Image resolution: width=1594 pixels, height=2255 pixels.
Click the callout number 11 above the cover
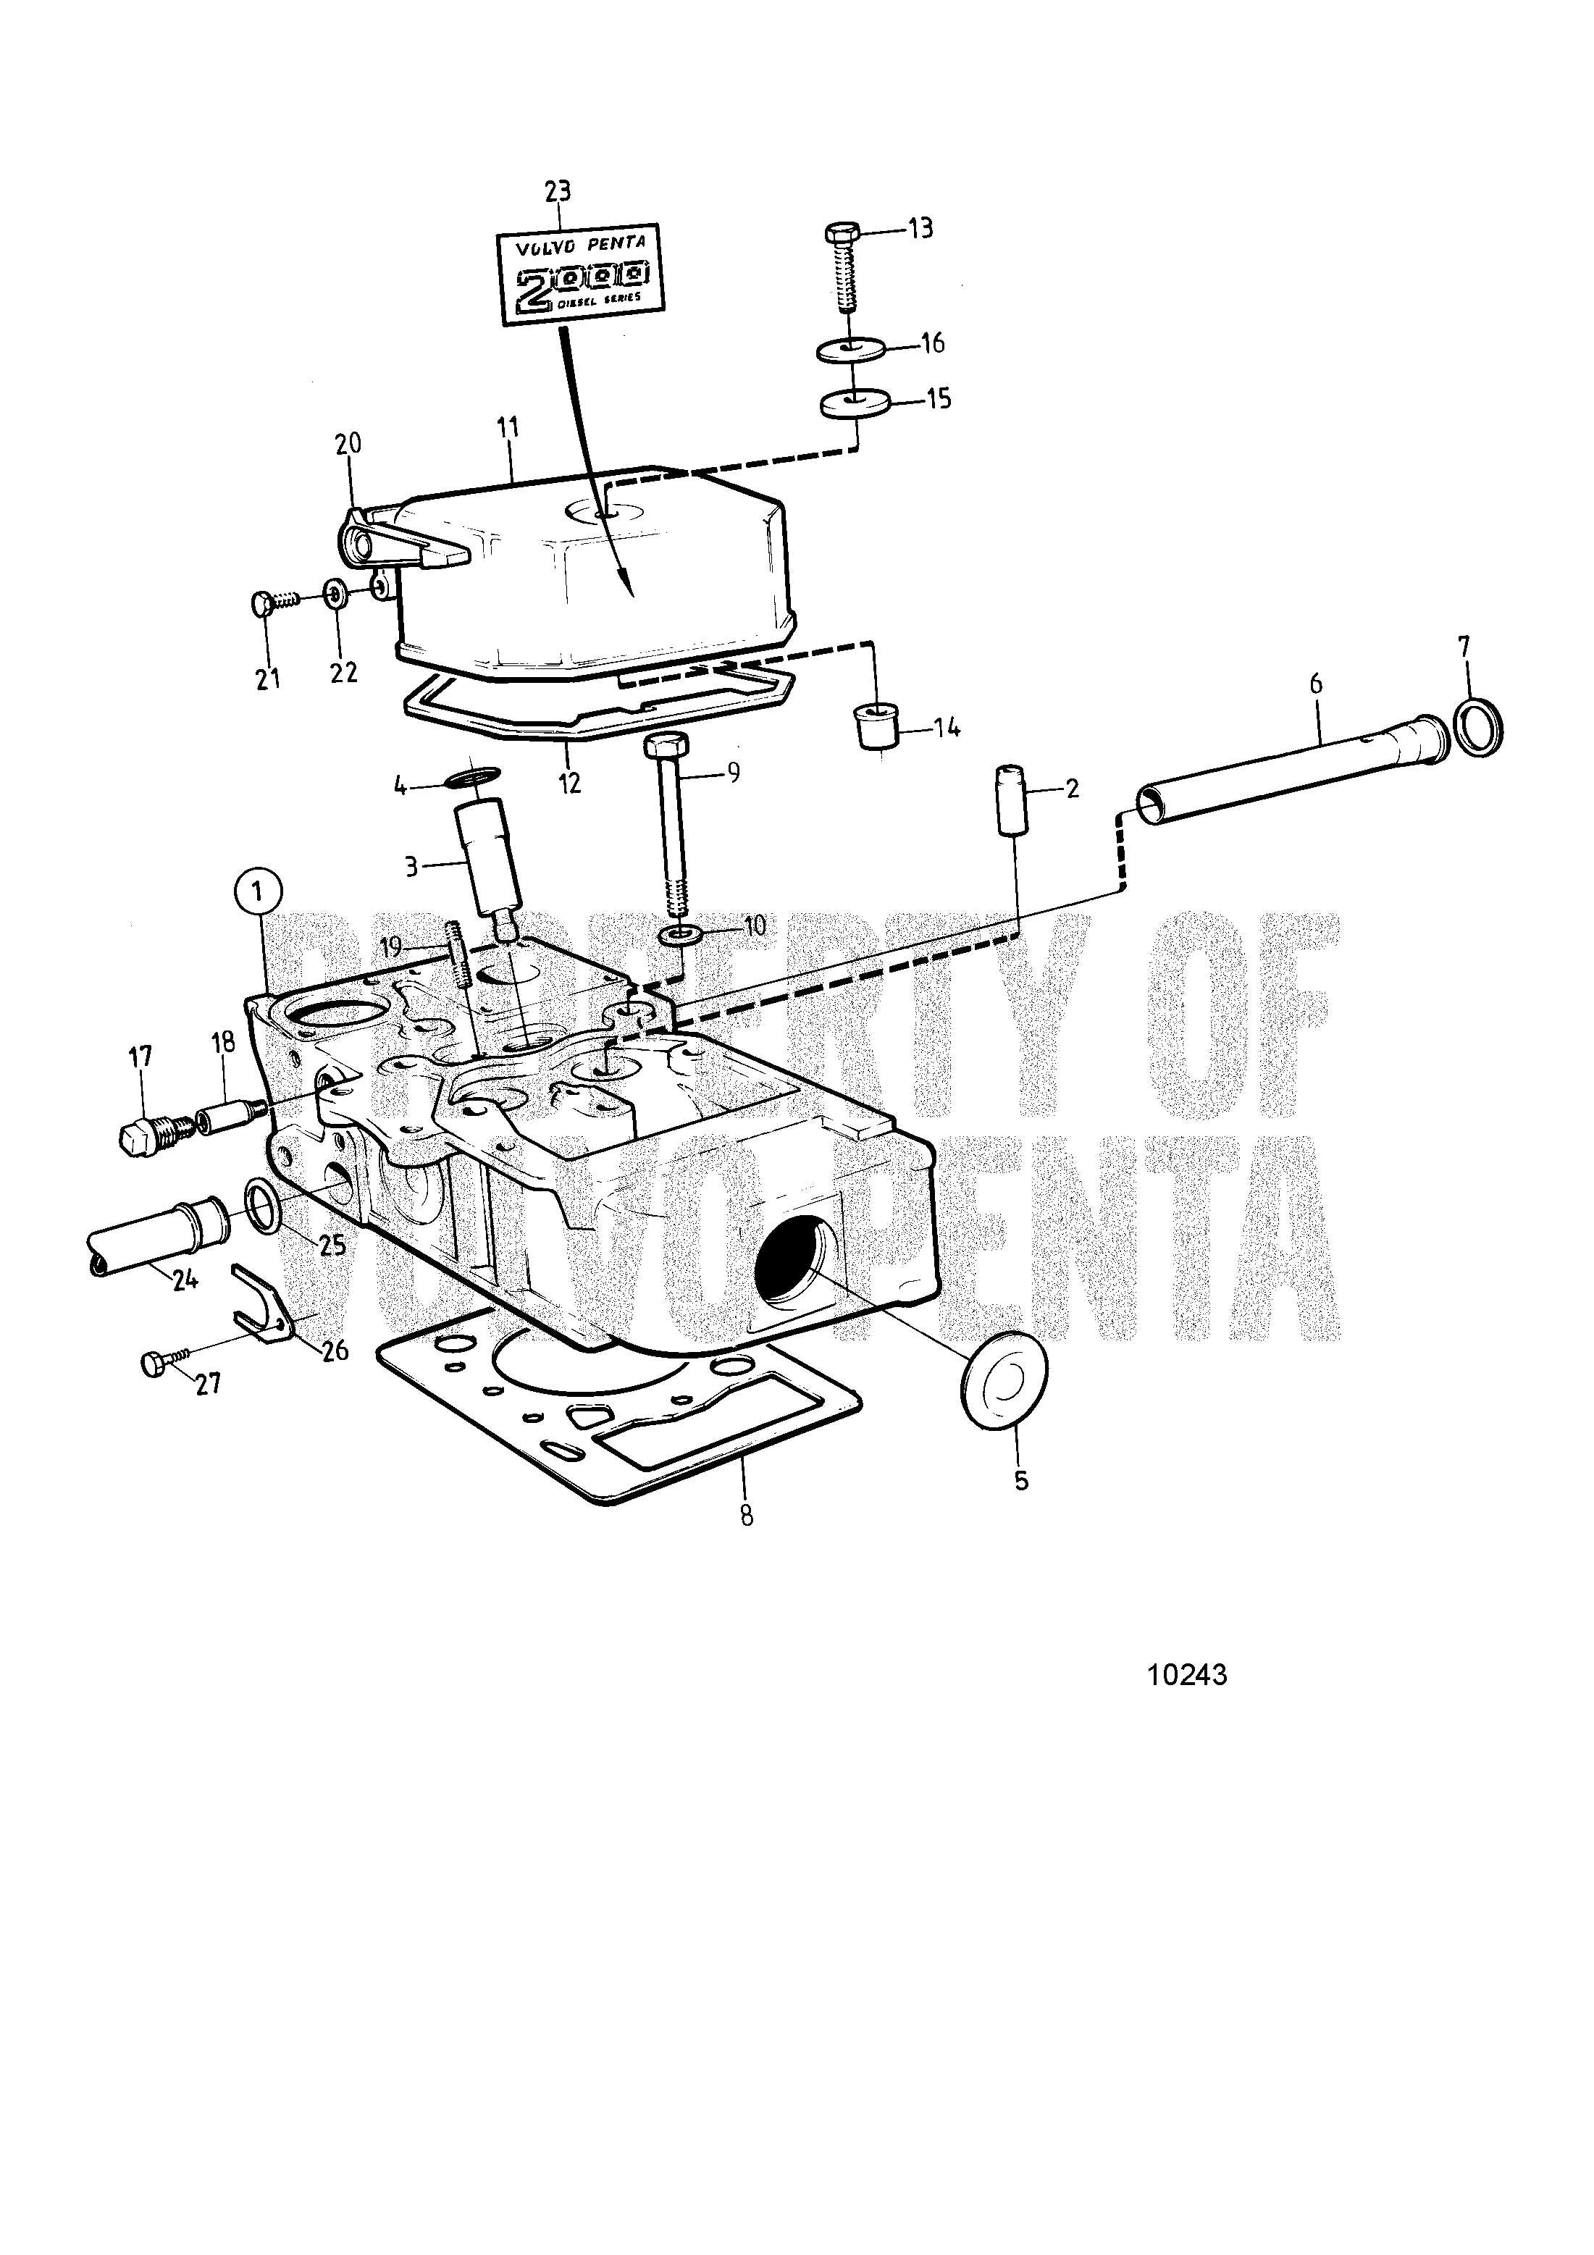[508, 427]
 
